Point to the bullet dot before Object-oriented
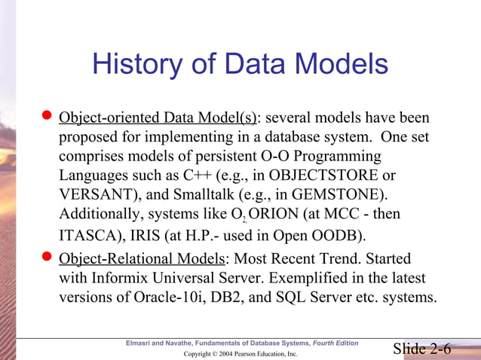(x=47, y=117)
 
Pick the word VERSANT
(x=90, y=194)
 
